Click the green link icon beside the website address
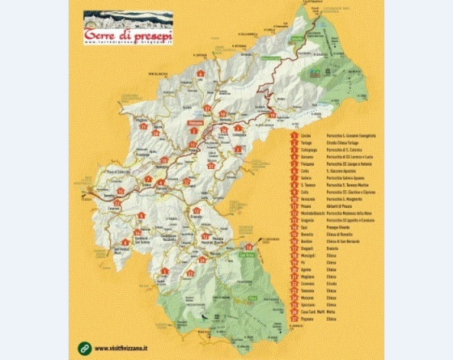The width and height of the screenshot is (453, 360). pyautogui.click(x=84, y=349)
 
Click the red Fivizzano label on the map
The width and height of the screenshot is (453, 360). pyautogui.click(x=193, y=122)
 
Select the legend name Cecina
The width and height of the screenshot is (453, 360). pyautogui.click(x=305, y=135)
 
